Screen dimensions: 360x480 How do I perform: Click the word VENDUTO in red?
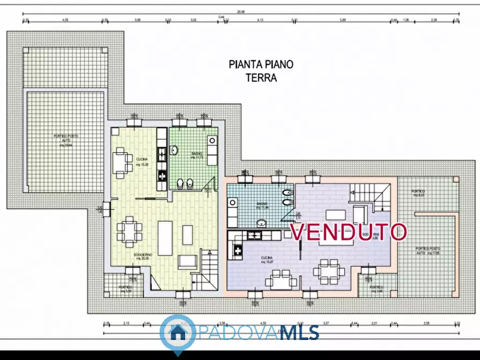348,232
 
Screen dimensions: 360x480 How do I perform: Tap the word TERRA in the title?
261,77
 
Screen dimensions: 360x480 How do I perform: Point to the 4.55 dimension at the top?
65,20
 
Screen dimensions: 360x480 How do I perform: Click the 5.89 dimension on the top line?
342,20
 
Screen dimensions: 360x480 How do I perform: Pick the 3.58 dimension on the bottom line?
427,323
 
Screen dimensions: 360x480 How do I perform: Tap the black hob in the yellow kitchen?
161,174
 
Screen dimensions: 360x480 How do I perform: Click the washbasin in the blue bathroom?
261,222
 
